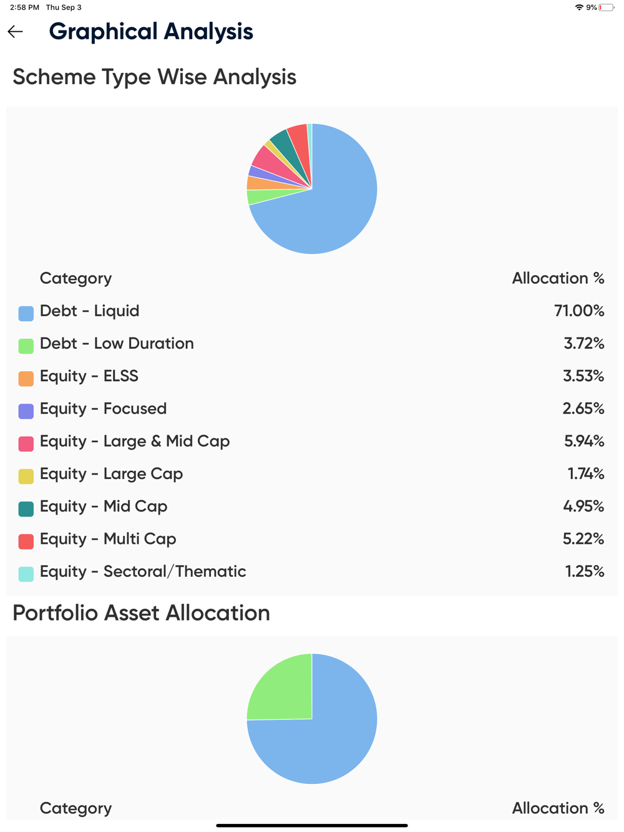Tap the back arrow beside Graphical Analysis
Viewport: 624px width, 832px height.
(16, 31)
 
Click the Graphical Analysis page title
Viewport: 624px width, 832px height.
(151, 31)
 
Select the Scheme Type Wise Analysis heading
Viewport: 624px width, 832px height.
(154, 77)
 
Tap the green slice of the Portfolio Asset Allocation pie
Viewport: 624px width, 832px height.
(281, 689)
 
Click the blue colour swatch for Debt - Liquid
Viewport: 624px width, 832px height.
(26, 313)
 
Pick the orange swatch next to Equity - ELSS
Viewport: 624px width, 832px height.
(26, 379)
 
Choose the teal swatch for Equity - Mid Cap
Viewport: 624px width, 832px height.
(26, 509)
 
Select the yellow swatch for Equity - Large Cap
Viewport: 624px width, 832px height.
(26, 476)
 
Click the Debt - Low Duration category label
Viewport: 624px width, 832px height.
(117, 344)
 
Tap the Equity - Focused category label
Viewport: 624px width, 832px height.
(103, 409)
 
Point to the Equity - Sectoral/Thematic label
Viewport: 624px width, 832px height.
(143, 571)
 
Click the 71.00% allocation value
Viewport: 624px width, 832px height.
(579, 311)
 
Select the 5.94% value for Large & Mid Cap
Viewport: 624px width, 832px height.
(584, 441)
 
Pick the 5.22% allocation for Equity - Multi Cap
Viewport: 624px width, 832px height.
(583, 539)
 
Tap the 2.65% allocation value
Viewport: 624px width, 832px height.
(583, 409)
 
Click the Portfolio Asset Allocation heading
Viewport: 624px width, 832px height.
(141, 613)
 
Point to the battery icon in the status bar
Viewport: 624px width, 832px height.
(606, 7)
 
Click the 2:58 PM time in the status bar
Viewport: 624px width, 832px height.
(24, 7)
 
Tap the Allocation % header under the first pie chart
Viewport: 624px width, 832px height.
(558, 278)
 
